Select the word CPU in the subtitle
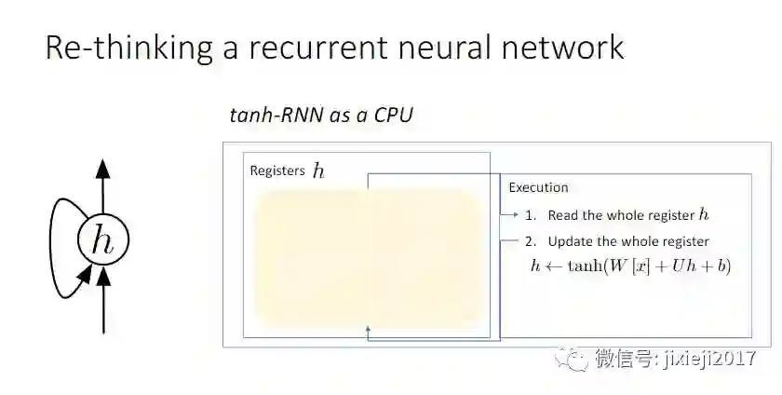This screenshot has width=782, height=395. pyautogui.click(x=393, y=116)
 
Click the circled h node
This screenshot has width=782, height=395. pyautogui.click(x=102, y=239)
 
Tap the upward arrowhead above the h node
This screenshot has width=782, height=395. pyautogui.click(x=102, y=169)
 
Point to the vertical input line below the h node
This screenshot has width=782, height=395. pyautogui.click(x=102, y=307)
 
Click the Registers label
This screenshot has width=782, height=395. pyautogui.click(x=277, y=171)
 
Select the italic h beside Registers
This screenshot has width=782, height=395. pyautogui.click(x=318, y=171)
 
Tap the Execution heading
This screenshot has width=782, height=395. pyautogui.click(x=538, y=187)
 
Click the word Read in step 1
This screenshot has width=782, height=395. pyautogui.click(x=563, y=215)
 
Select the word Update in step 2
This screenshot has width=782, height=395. pyautogui.click(x=570, y=241)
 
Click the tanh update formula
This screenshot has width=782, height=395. pyautogui.click(x=630, y=266)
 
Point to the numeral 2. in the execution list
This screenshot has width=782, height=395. pyautogui.click(x=530, y=241)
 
